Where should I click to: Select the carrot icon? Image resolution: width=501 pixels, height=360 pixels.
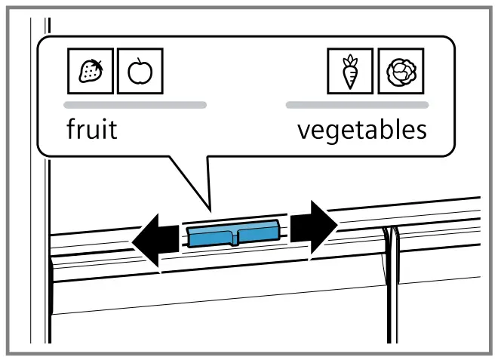pos(349,71)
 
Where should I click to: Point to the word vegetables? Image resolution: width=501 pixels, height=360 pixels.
pos(361,130)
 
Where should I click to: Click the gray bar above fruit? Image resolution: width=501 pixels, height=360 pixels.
pos(135,105)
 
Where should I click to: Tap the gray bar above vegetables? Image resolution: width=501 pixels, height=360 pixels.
pos(357,105)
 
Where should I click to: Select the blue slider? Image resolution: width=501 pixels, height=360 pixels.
pos(234,235)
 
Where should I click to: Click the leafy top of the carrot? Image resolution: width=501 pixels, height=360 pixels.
pos(349,60)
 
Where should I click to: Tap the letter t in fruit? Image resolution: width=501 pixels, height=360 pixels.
pos(112,129)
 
